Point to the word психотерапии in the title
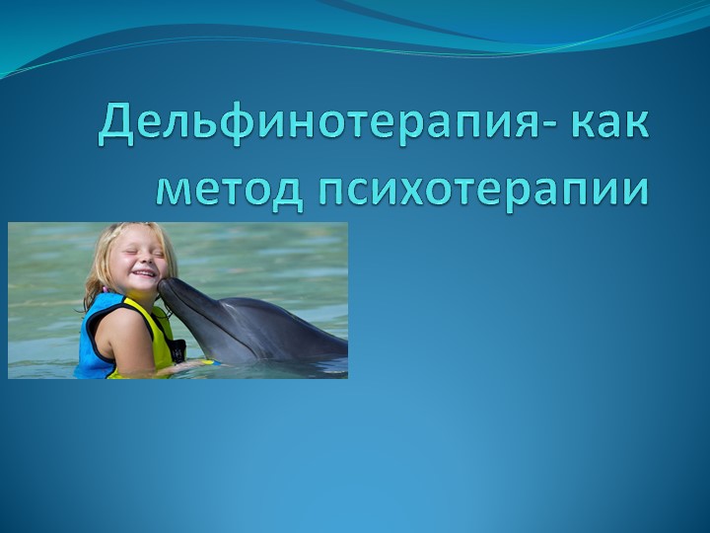(x=483, y=188)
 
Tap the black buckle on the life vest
(x=177, y=349)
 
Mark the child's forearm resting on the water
(x=187, y=368)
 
